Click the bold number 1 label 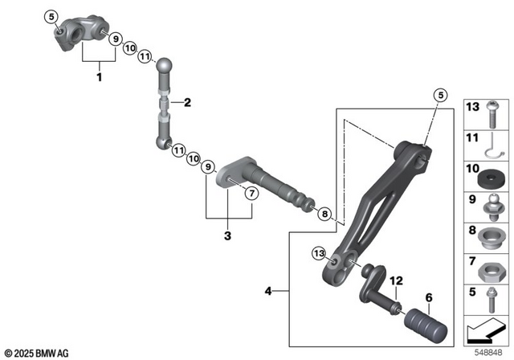click(99, 78)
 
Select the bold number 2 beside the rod click(186, 102)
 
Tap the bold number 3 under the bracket click(227, 236)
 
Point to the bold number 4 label click(269, 291)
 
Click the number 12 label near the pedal click(394, 280)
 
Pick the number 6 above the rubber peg click(429, 297)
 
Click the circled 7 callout click(250, 193)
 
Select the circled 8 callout click(324, 214)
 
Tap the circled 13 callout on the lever click(319, 254)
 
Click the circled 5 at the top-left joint click(52, 16)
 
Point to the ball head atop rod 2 click(164, 65)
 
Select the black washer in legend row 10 click(491, 172)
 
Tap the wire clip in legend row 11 click(489, 144)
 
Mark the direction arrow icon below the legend click(487, 330)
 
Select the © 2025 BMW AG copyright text click(37, 352)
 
